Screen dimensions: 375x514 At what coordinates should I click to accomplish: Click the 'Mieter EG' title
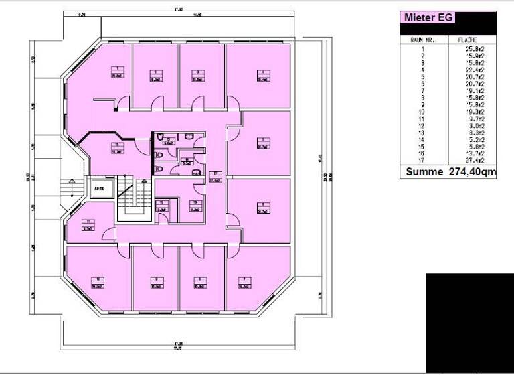(427, 18)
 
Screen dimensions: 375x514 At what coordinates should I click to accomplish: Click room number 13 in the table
(422, 133)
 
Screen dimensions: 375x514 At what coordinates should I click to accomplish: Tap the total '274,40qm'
(471, 172)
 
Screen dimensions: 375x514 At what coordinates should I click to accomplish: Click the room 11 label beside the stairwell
(87, 225)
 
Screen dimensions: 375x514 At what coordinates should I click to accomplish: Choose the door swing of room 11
(108, 234)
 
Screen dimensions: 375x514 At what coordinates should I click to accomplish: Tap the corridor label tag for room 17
(215, 179)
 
